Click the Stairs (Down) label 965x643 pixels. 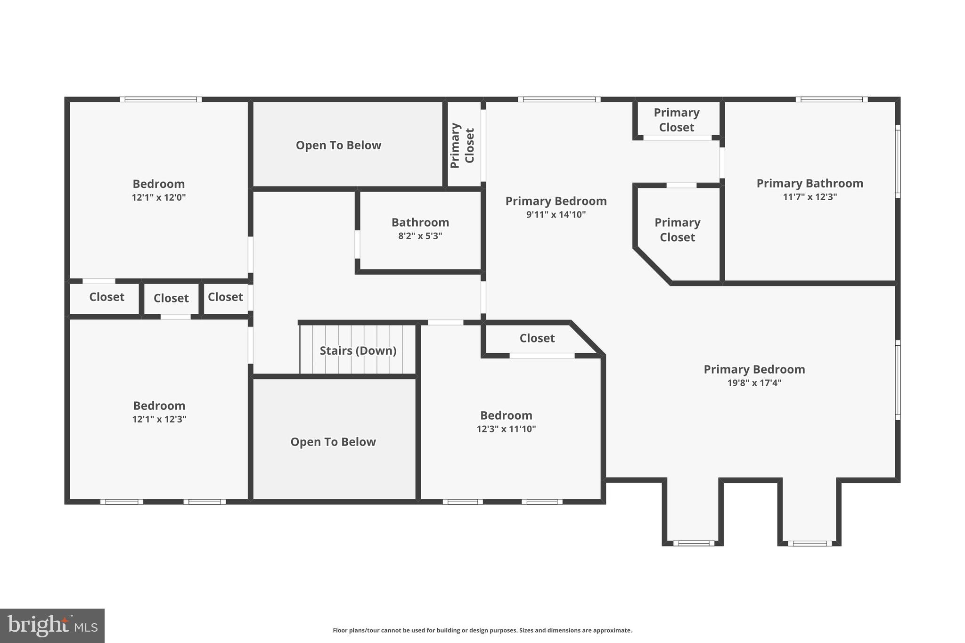[x=358, y=350]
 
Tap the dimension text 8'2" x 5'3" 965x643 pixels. [x=420, y=236]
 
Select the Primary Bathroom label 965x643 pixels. [x=810, y=183]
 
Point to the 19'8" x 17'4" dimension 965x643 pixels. [x=754, y=383]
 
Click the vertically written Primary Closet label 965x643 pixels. [x=462, y=145]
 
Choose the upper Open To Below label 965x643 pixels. [x=338, y=145]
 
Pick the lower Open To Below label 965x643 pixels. [x=333, y=442]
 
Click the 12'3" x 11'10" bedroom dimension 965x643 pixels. [x=506, y=429]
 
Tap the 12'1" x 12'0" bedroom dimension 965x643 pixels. [x=159, y=197]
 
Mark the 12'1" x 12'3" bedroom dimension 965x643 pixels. [x=159, y=419]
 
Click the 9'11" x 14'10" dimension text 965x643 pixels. [x=556, y=215]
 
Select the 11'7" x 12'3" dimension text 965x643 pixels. [x=810, y=197]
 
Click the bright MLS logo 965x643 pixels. [x=52, y=626]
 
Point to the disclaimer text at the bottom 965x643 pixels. [x=482, y=630]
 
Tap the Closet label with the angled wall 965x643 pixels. [x=537, y=338]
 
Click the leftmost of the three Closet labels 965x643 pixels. [x=106, y=297]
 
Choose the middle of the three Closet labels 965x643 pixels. [x=171, y=298]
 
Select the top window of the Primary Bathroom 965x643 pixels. [x=832, y=99]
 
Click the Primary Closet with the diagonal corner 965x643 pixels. [x=677, y=230]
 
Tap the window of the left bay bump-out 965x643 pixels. [x=693, y=543]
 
